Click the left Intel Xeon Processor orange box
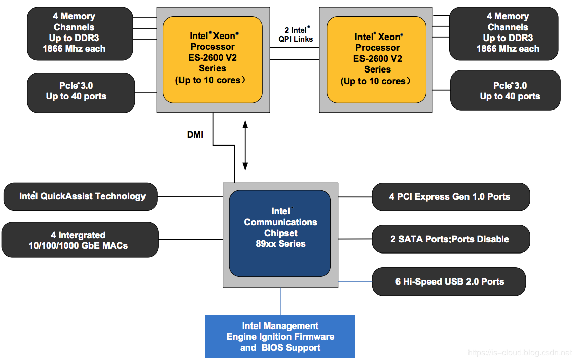(x=212, y=59)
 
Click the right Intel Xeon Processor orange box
(x=377, y=59)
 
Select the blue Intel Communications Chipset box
(x=280, y=233)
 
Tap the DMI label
(x=195, y=135)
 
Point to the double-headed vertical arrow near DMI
(x=245, y=144)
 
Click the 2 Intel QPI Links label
(x=296, y=34)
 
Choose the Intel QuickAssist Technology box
(x=81, y=196)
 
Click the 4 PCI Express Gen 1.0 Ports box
(x=450, y=197)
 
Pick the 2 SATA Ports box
(x=450, y=239)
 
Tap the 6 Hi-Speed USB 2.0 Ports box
(x=449, y=281)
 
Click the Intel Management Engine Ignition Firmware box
(x=280, y=337)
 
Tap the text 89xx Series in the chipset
(x=280, y=244)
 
